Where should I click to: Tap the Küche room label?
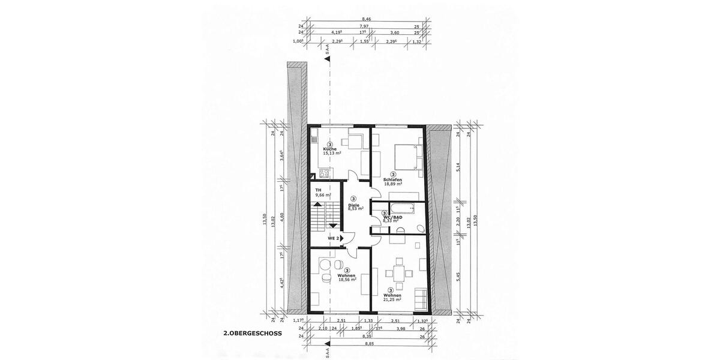click(330, 148)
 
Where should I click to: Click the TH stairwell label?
click(318, 190)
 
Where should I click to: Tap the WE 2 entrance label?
click(333, 238)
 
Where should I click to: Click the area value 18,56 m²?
click(347, 280)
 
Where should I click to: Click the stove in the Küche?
click(323, 174)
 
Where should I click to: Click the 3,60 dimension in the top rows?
click(395, 34)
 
